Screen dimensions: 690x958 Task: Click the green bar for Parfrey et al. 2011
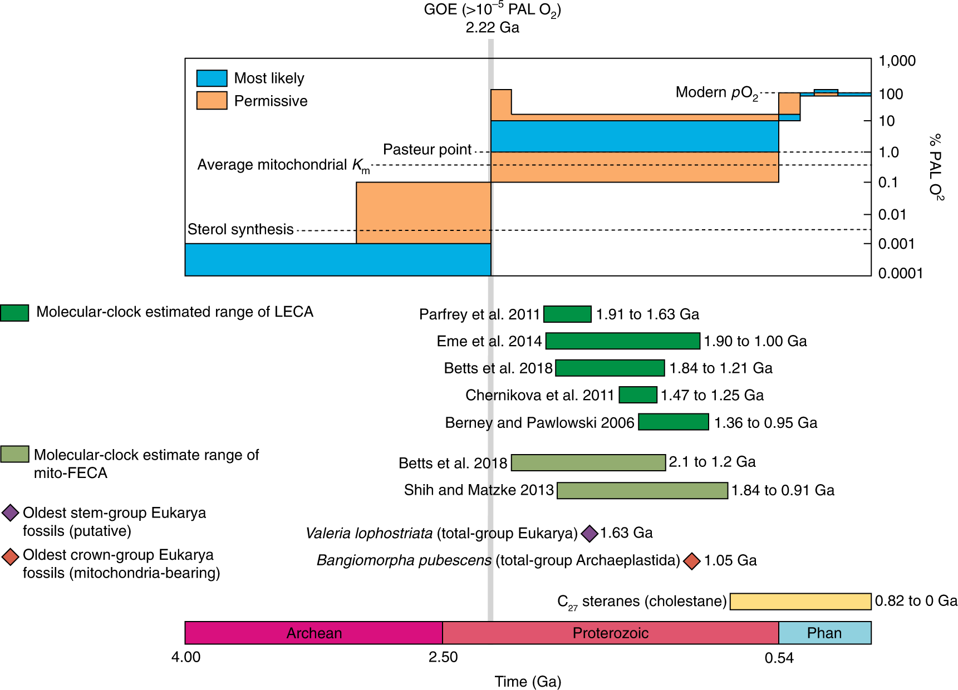coord(567,314)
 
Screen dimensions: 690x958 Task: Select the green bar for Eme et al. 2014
coord(622,341)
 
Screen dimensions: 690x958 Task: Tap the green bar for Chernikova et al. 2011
coord(638,395)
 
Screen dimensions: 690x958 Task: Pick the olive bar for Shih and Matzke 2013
coord(642,490)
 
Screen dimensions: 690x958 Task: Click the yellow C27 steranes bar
coord(800,602)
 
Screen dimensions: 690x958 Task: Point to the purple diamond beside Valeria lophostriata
coord(589,533)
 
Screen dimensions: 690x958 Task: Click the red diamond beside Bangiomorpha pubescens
coord(692,561)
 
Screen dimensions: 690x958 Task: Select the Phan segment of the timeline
coord(824,633)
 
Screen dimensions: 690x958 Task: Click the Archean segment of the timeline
coord(313,633)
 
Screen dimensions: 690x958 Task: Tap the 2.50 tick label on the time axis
coord(443,657)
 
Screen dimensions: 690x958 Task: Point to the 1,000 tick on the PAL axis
coord(897,61)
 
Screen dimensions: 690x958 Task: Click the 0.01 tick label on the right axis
coord(892,214)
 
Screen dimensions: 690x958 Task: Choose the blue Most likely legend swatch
coord(212,78)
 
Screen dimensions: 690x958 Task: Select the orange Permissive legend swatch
coord(212,101)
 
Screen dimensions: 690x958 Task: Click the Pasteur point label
coord(427,149)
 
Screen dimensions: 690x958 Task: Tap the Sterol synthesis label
coord(240,229)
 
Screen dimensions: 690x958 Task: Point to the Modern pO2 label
coord(716,92)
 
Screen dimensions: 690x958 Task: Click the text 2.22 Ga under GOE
coord(492,27)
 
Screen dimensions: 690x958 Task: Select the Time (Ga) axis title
coord(528,681)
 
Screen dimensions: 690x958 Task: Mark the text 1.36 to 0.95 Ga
coord(765,423)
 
